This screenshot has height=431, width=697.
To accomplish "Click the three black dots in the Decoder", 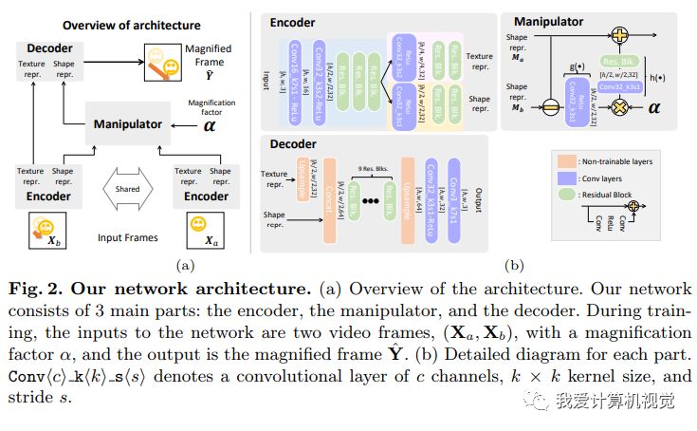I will point(373,202).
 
